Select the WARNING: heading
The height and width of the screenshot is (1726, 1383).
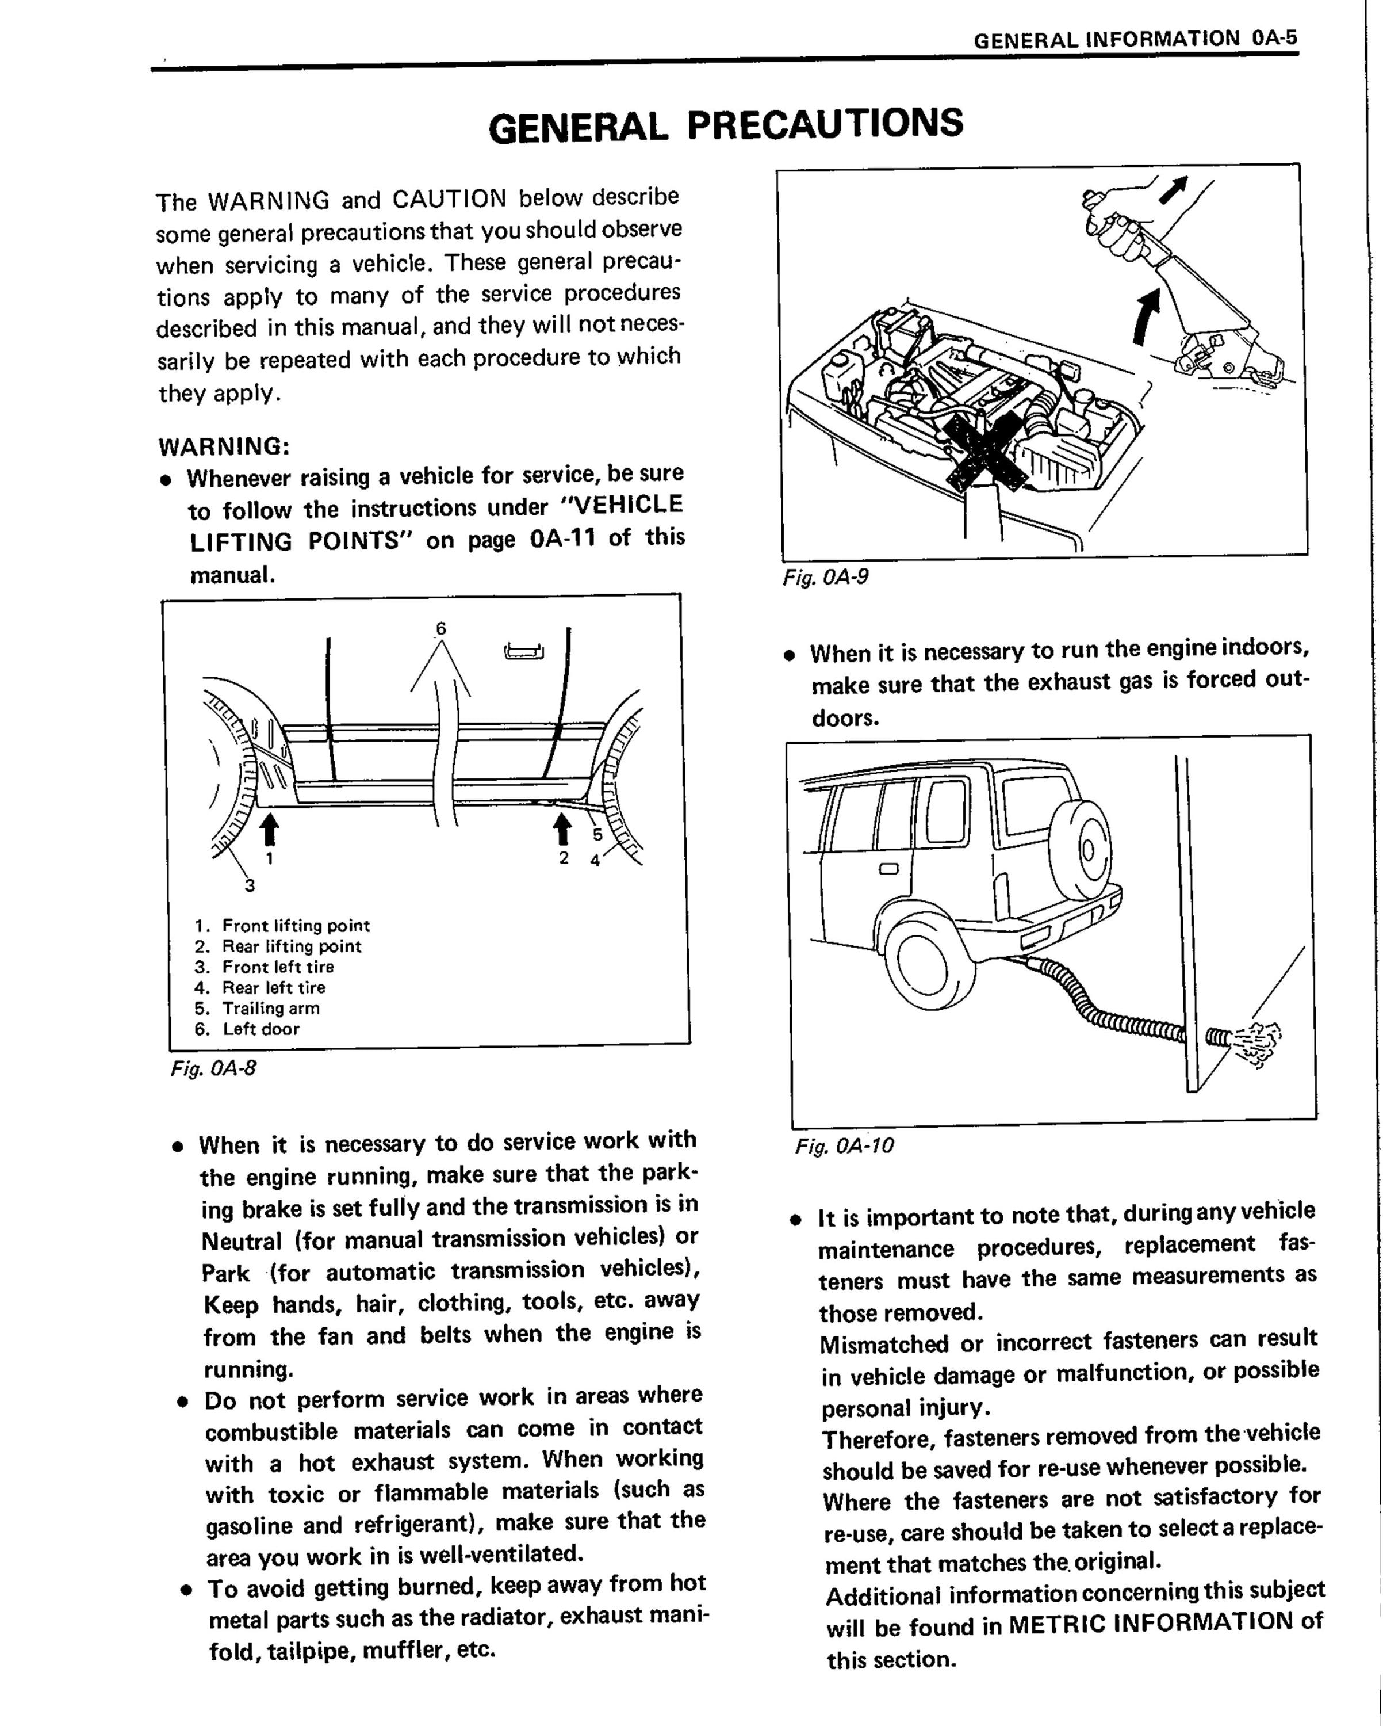click(x=224, y=445)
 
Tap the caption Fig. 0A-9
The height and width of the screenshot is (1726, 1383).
click(x=825, y=576)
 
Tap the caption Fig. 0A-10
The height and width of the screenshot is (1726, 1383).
click(x=844, y=1145)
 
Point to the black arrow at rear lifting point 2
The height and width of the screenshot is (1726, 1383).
click(x=564, y=828)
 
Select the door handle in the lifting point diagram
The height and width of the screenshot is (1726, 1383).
click(x=524, y=651)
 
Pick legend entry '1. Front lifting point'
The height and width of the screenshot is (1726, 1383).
click(x=282, y=926)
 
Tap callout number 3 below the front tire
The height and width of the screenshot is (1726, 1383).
click(x=250, y=885)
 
